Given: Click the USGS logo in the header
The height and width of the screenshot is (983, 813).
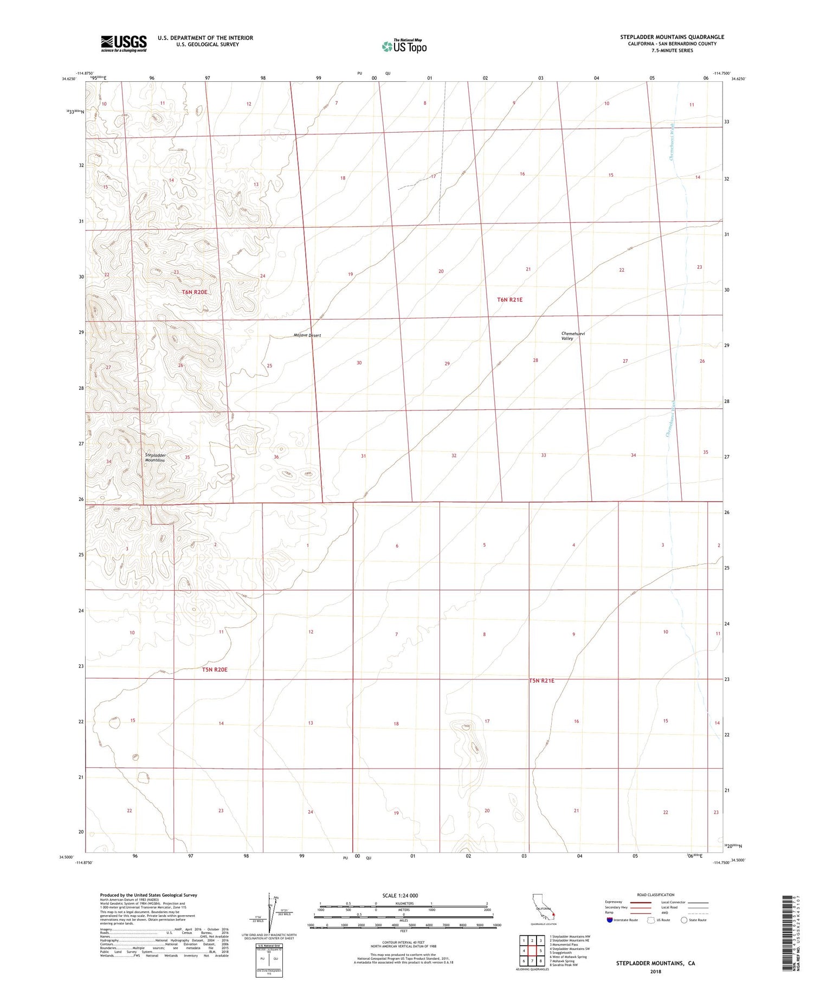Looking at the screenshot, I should tap(124, 43).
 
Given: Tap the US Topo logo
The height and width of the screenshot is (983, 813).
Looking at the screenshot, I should tap(404, 47).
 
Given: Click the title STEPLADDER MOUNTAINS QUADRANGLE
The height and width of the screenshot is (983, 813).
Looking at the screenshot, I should tap(672, 37).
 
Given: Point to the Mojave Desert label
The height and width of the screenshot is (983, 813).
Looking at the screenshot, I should tap(307, 336).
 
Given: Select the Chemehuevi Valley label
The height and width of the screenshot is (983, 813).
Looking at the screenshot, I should tap(573, 336).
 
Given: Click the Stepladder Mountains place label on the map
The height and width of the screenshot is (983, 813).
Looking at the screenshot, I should tap(154, 458).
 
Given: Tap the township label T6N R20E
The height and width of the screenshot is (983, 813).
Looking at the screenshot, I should tap(195, 292).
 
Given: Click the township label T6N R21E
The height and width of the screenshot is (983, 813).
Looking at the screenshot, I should tap(510, 299).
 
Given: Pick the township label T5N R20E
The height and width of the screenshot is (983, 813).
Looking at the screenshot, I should tap(215, 670).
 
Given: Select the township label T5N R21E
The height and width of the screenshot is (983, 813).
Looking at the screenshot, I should tap(541, 680).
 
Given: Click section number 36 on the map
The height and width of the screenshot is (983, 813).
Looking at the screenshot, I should tap(276, 457).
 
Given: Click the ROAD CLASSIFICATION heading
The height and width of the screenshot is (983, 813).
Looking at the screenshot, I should tap(656, 895).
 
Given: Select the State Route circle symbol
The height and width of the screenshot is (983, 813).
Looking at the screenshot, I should tap(684, 920).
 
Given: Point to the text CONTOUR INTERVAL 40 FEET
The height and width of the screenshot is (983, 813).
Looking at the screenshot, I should tap(403, 942).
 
